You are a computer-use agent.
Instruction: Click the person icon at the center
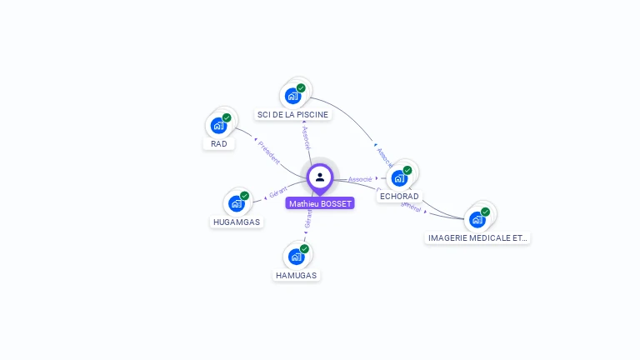[320, 177]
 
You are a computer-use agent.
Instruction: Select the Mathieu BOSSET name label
[320, 203]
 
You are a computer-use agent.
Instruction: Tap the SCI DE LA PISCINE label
[292, 114]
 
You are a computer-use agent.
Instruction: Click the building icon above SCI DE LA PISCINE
[292, 96]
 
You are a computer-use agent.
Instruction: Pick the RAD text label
[218, 143]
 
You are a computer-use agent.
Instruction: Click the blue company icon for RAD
[218, 126]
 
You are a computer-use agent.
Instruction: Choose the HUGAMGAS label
[236, 222]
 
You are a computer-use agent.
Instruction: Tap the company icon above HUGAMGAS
[237, 203]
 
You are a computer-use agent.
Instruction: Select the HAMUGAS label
[296, 275]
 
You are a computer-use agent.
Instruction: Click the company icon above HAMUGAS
[296, 257]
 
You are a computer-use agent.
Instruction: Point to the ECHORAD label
[399, 197]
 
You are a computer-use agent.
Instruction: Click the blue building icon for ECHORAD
[399, 178]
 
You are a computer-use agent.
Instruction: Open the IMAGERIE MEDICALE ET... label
[477, 237]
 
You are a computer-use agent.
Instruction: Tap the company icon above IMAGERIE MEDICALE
[477, 219]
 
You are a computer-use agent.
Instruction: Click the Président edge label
[269, 152]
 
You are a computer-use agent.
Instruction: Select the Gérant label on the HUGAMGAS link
[278, 192]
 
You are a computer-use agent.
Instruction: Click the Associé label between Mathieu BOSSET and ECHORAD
[360, 179]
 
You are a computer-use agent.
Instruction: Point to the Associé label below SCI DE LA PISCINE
[306, 137]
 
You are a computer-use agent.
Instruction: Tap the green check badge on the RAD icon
[227, 117]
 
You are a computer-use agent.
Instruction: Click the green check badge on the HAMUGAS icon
[304, 248]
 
